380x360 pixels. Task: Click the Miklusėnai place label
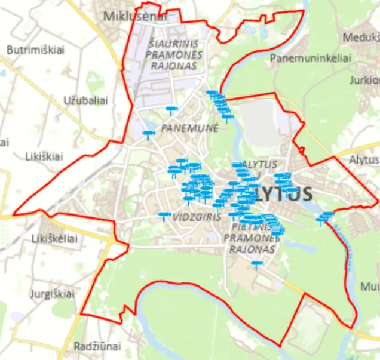[135, 16]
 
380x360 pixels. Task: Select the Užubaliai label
[85, 100]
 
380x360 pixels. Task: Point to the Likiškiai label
[44, 156]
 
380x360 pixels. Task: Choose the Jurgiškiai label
[52, 294]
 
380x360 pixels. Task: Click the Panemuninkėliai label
[310, 58]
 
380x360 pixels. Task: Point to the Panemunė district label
[190, 128]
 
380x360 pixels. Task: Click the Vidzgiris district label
[197, 217]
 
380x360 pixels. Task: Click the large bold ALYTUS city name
[282, 194]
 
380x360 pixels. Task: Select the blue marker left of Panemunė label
[148, 134]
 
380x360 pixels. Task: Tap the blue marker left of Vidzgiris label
[164, 215]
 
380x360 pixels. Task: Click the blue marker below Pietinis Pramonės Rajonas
[257, 263]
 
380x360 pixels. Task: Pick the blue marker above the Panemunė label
[171, 109]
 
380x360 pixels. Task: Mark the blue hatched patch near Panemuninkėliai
[252, 28]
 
